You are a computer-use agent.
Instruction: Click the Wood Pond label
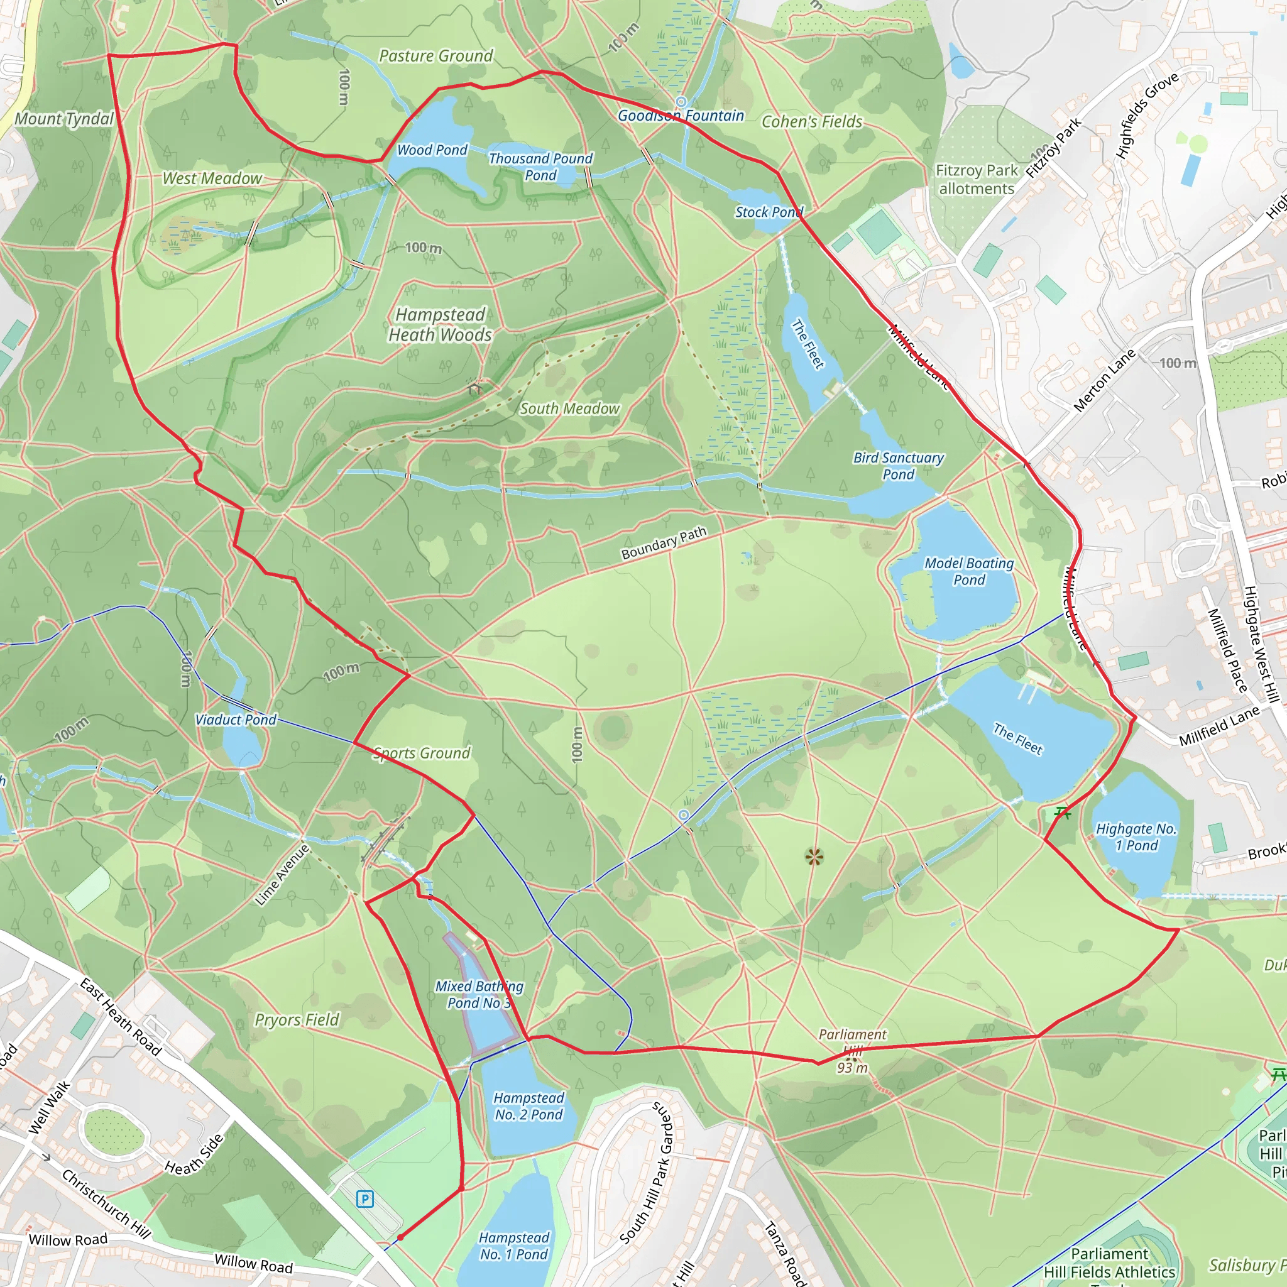(432, 150)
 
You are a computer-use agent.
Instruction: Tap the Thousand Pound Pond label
(540, 167)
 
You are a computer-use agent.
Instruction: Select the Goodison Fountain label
(681, 116)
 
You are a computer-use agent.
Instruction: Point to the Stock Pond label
(769, 212)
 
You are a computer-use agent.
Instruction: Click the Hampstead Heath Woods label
(441, 324)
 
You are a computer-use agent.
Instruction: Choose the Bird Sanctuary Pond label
(899, 466)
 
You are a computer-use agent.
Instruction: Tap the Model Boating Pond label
(969, 572)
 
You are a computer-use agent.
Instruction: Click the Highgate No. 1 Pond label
(1136, 836)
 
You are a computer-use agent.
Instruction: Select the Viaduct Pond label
(236, 720)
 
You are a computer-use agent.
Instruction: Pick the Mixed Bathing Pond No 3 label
(479, 994)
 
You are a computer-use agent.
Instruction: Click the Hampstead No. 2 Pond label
(529, 1106)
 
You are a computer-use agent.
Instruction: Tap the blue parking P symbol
(364, 1200)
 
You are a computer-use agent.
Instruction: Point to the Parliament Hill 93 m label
(853, 1051)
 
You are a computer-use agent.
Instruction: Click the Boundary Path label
(664, 543)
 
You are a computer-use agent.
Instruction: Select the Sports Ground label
(422, 753)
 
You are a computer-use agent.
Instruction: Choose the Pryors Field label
(297, 1020)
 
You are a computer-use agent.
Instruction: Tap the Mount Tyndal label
(64, 119)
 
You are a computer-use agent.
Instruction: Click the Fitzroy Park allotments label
(977, 179)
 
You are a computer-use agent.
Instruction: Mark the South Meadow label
(569, 408)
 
